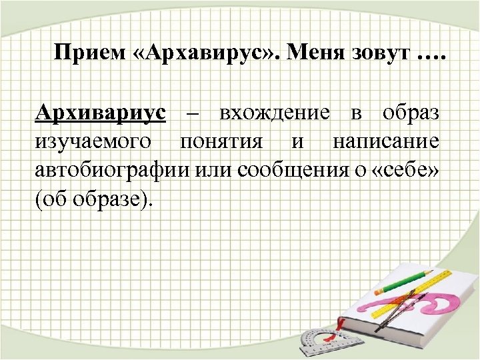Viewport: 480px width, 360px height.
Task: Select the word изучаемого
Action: (x=94, y=142)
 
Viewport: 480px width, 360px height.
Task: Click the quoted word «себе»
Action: (x=405, y=171)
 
